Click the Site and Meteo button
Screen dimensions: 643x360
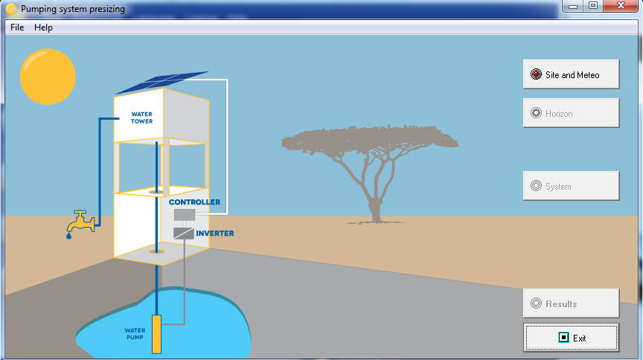[x=572, y=74]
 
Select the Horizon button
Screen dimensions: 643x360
[x=572, y=113]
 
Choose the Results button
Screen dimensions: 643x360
[x=572, y=303]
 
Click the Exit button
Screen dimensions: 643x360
[x=572, y=338]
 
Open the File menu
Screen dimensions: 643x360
[x=17, y=28]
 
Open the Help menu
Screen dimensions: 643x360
[x=43, y=28]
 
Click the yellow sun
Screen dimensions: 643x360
[x=48, y=77]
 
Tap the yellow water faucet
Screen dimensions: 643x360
[x=81, y=222]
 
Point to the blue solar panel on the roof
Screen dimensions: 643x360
[x=162, y=82]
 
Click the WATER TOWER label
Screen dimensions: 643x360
[x=142, y=118]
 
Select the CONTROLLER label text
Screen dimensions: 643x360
[x=194, y=202]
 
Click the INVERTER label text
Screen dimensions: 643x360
[x=215, y=234]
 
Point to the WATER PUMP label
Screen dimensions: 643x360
[x=135, y=334]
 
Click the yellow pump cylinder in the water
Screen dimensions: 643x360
[x=156, y=334]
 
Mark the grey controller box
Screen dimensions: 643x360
[x=185, y=215]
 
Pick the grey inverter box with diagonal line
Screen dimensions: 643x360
[x=183, y=234]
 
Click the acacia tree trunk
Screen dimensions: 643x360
[x=375, y=205]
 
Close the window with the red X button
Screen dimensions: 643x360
[x=621, y=6]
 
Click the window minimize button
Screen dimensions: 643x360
[x=573, y=6]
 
